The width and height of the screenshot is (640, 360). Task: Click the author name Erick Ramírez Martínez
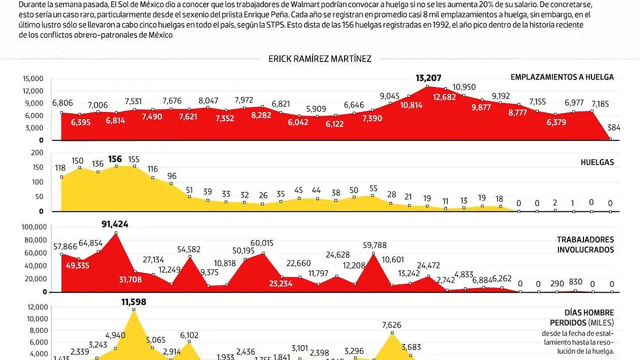tap(320, 59)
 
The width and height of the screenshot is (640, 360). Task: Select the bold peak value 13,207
tap(429, 78)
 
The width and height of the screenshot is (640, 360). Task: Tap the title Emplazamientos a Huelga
tap(562, 77)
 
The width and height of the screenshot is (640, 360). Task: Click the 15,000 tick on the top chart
tap(33, 78)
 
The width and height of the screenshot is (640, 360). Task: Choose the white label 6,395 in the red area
tap(79, 122)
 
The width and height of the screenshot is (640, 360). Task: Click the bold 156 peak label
tap(115, 158)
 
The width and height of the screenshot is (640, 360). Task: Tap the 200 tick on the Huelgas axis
tap(37, 153)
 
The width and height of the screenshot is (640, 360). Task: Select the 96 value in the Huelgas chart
tap(172, 175)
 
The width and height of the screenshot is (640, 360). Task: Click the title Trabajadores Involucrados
tap(586, 245)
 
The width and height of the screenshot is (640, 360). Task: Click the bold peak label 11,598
tap(134, 302)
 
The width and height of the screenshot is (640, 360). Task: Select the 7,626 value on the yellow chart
tap(392, 325)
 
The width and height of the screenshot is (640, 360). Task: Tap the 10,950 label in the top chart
tap(464, 87)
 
